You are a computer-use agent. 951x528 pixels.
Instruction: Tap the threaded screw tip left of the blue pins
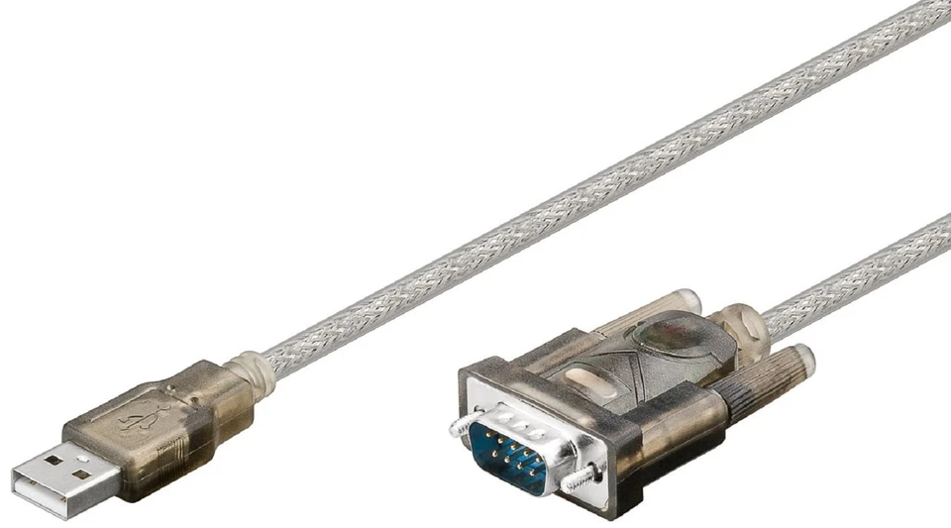click(458, 426)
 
